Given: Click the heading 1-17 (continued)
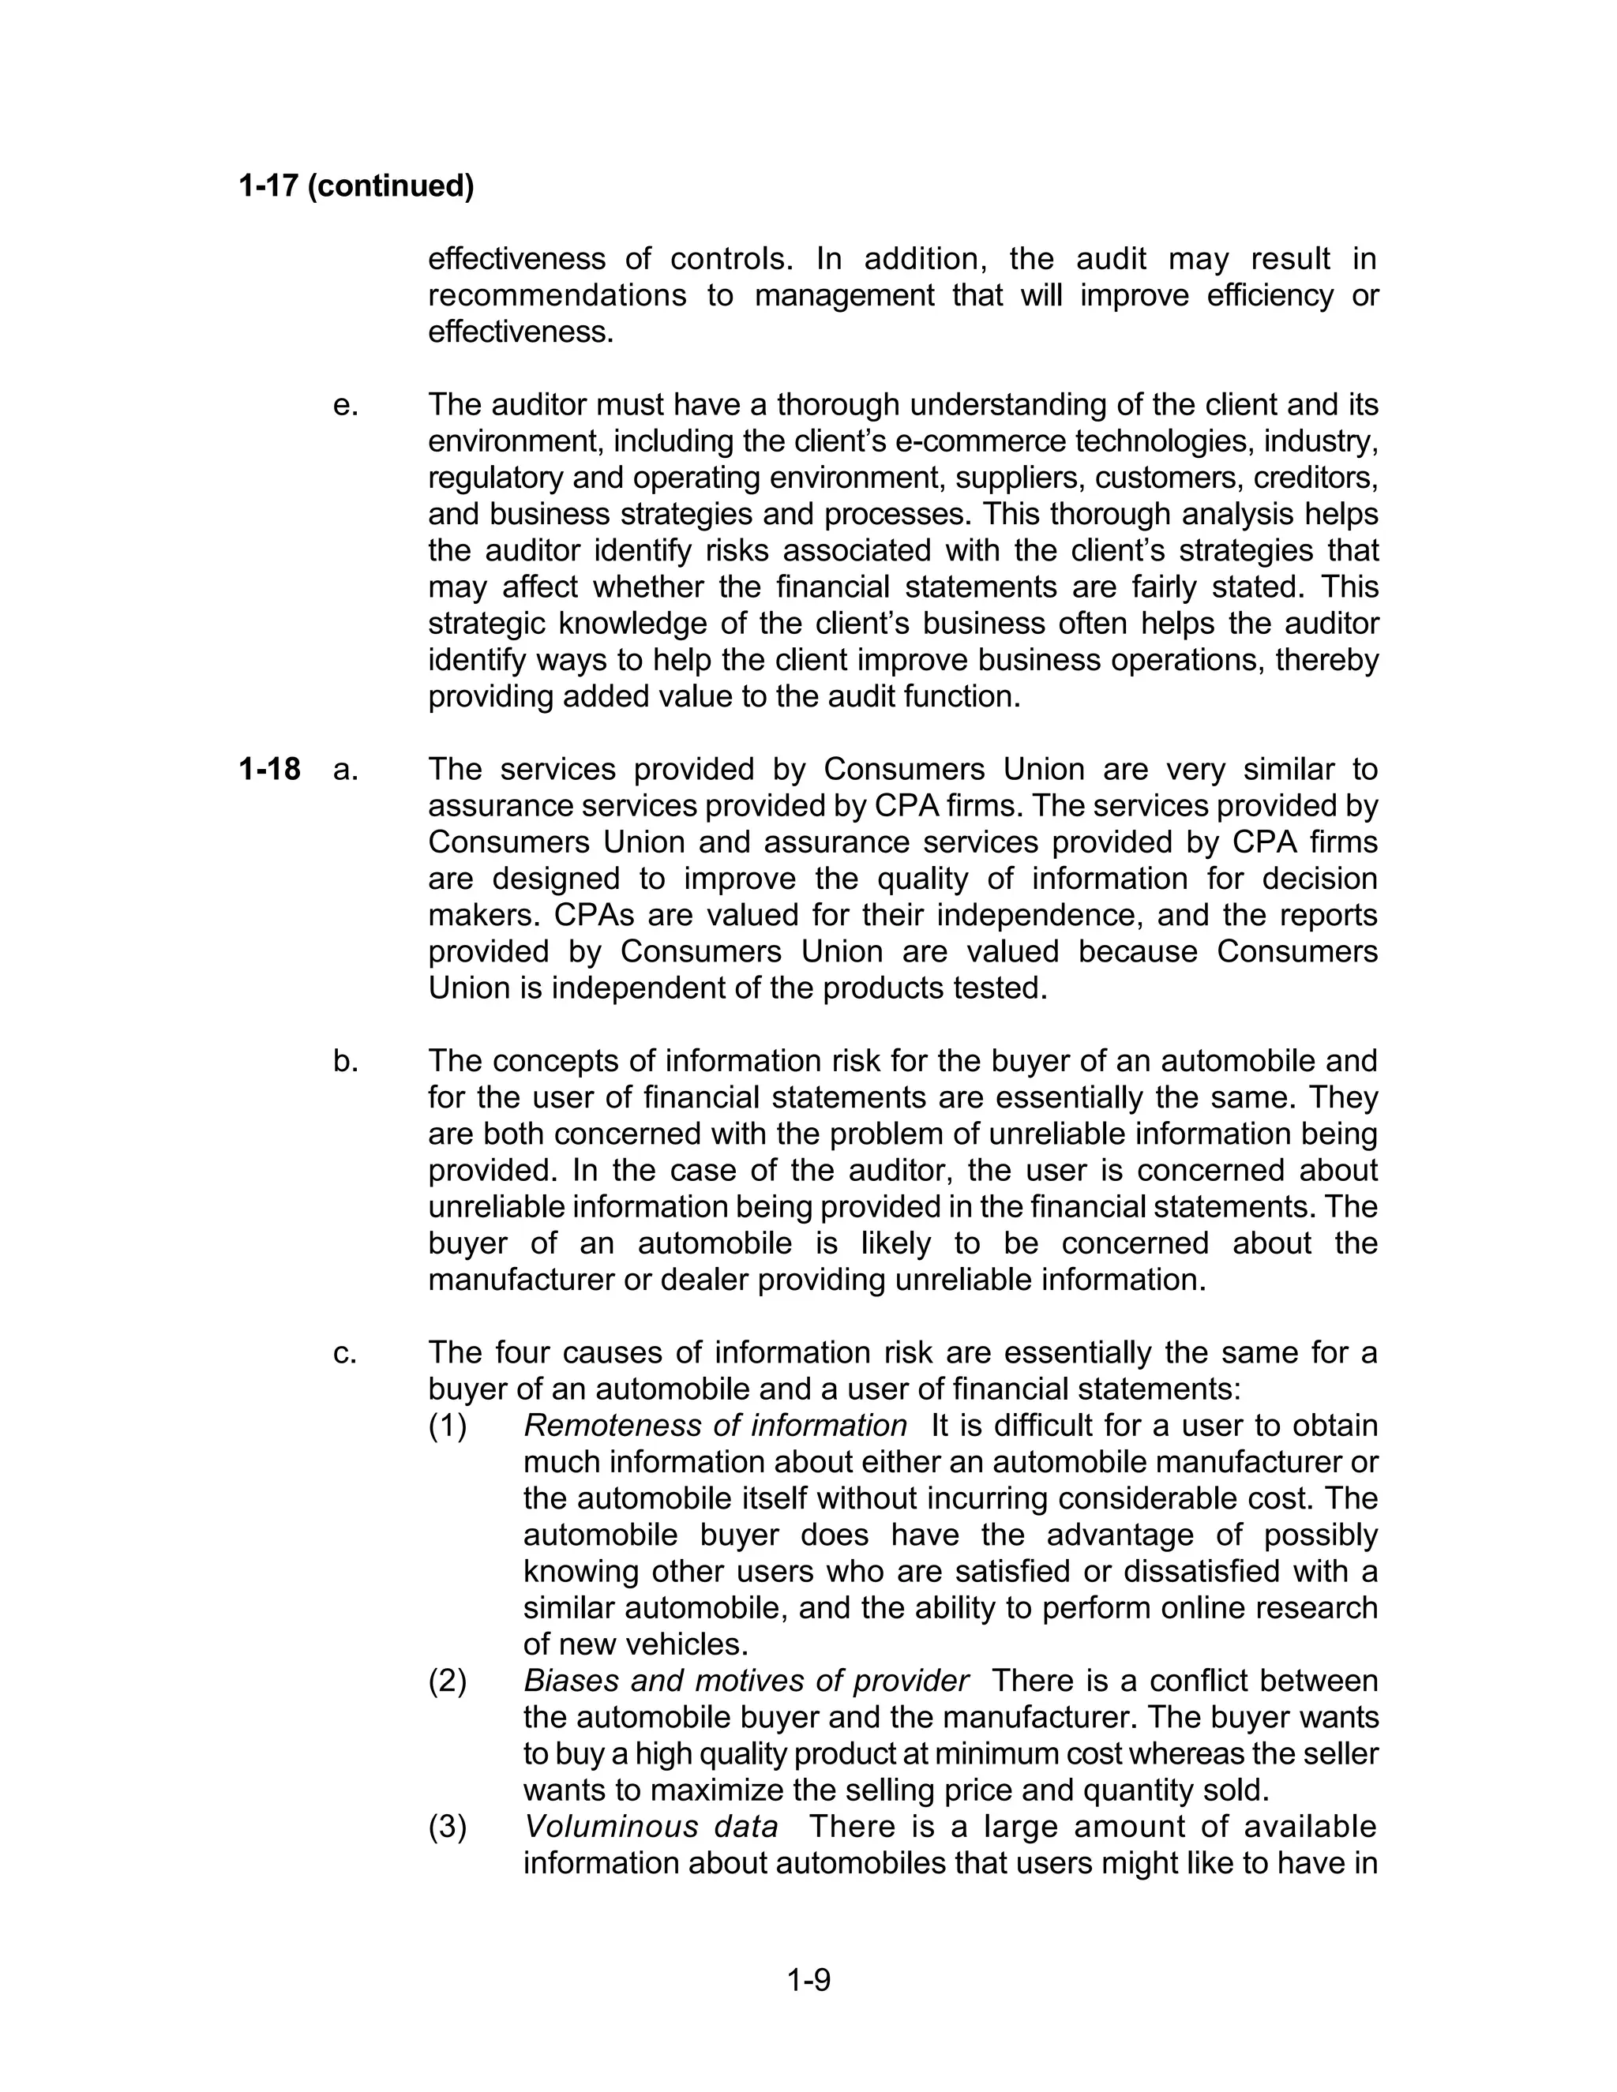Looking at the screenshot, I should point(356,186).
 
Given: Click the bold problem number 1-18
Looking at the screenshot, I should point(269,769).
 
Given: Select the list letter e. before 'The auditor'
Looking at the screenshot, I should point(346,405).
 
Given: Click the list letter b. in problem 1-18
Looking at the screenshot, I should point(346,1061).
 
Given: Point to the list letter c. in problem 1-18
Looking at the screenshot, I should point(345,1352).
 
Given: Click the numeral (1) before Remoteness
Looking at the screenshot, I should point(448,1427).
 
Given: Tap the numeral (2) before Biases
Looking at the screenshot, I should point(448,1681).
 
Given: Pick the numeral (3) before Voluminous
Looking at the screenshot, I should point(448,1827).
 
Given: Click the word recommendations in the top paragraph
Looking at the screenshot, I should point(557,296).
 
